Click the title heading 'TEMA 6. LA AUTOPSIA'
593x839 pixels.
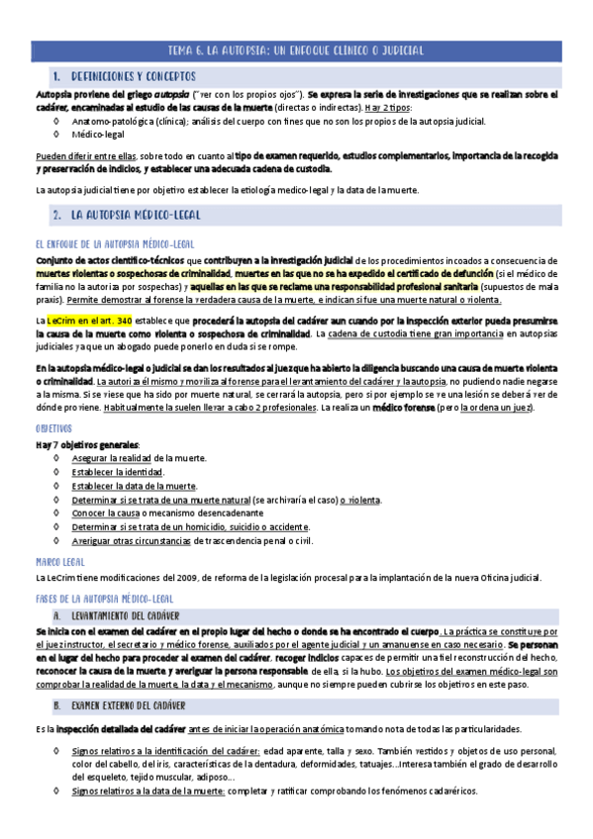click(x=296, y=49)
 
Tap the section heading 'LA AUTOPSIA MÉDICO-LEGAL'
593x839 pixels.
click(x=139, y=214)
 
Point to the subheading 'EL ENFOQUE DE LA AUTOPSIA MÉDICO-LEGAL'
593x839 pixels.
click(x=114, y=242)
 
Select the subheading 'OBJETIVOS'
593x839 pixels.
click(x=53, y=428)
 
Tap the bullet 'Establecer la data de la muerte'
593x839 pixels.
click(x=134, y=486)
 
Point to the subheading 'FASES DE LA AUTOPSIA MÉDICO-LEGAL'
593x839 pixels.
click(x=104, y=599)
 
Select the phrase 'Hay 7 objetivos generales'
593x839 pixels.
click(x=87, y=444)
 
